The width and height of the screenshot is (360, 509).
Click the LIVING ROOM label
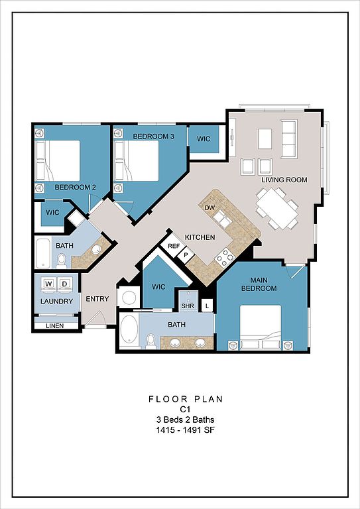[x=284, y=180]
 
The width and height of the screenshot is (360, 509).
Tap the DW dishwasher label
[x=208, y=207]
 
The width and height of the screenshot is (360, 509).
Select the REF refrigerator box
[x=173, y=246]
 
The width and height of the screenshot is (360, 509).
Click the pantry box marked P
[x=186, y=255]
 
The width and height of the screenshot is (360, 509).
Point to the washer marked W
[x=48, y=284]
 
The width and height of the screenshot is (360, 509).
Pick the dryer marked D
[x=64, y=284]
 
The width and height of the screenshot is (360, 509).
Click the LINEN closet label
[x=55, y=325]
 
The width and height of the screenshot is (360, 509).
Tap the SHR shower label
[x=188, y=306]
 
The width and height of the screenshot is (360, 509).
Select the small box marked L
[x=207, y=306]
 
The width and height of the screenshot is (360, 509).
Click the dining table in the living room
[x=277, y=209]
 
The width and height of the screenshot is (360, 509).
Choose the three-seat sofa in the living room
[x=289, y=139]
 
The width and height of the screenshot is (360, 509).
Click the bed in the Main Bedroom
[x=261, y=327]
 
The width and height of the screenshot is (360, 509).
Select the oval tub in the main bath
[x=129, y=330]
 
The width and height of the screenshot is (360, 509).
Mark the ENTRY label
[x=97, y=299]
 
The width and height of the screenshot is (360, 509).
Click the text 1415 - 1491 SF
[x=186, y=430]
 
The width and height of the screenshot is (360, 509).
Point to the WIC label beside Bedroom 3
[x=204, y=139]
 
